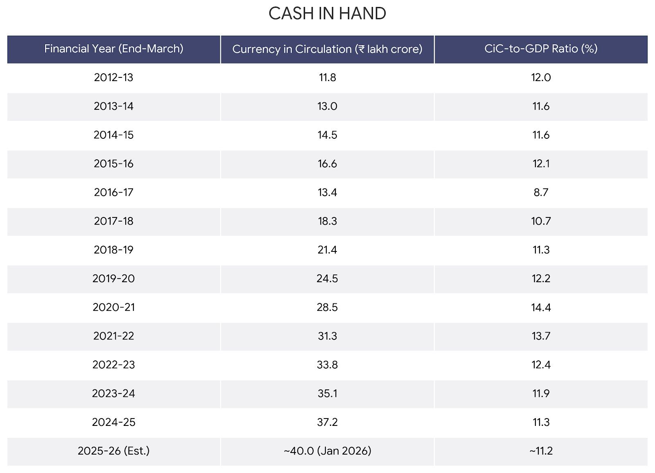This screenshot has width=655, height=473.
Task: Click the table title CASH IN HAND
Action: click(x=327, y=14)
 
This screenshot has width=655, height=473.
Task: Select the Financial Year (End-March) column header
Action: click(x=114, y=49)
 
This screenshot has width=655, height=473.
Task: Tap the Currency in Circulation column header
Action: click(x=327, y=49)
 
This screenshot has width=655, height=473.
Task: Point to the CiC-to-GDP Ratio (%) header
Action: click(x=541, y=49)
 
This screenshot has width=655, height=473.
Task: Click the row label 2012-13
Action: click(x=113, y=77)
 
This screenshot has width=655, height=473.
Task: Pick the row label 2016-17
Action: click(x=113, y=192)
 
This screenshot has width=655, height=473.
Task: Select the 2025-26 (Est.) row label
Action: click(x=113, y=451)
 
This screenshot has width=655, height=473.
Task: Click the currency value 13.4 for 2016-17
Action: click(x=327, y=192)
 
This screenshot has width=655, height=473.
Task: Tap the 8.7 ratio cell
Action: click(x=541, y=192)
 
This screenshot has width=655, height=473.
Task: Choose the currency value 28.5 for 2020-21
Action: click(x=327, y=308)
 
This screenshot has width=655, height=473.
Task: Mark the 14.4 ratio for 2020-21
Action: click(x=541, y=308)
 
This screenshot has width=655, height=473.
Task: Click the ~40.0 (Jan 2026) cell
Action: click(x=327, y=451)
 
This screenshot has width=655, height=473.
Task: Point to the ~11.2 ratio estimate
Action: click(x=541, y=451)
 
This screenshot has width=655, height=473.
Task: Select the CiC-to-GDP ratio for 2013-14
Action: click(x=541, y=106)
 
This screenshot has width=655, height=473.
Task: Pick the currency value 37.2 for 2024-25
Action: click(x=327, y=422)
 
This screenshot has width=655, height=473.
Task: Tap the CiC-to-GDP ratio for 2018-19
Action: click(x=541, y=250)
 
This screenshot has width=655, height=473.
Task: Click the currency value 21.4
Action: click(x=327, y=250)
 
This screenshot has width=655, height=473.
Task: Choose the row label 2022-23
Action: click(x=113, y=365)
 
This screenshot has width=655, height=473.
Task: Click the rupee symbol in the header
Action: click(x=361, y=49)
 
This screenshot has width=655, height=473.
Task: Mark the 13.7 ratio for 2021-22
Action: click(x=541, y=336)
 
